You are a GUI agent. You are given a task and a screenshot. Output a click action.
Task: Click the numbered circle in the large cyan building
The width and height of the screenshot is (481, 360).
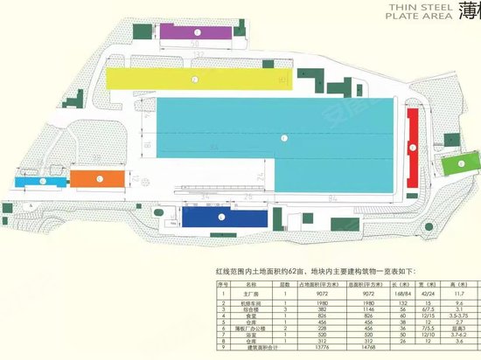[282, 139]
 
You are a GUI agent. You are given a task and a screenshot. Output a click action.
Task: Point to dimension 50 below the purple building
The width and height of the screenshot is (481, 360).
[195, 43]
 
